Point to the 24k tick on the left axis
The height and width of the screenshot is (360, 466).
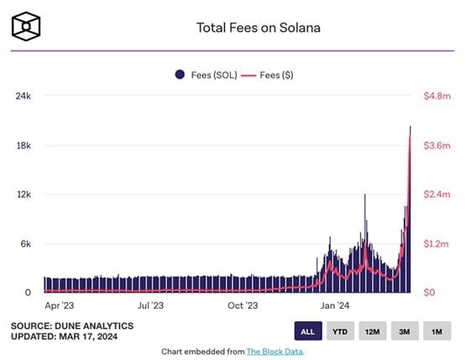click(23, 97)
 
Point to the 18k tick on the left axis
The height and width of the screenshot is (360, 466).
click(23, 146)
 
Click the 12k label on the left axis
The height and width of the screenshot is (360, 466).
click(23, 195)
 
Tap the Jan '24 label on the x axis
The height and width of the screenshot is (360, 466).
click(334, 307)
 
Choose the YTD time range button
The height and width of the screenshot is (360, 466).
click(340, 331)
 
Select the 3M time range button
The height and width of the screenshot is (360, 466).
click(404, 331)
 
